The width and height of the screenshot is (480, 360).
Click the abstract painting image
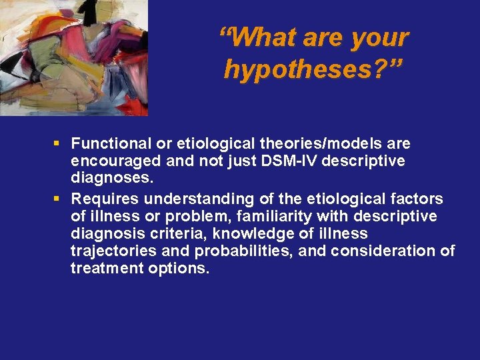[x=74, y=58]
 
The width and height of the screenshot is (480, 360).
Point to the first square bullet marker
[x=59, y=143]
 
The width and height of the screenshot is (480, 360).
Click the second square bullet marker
[x=59, y=198]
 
